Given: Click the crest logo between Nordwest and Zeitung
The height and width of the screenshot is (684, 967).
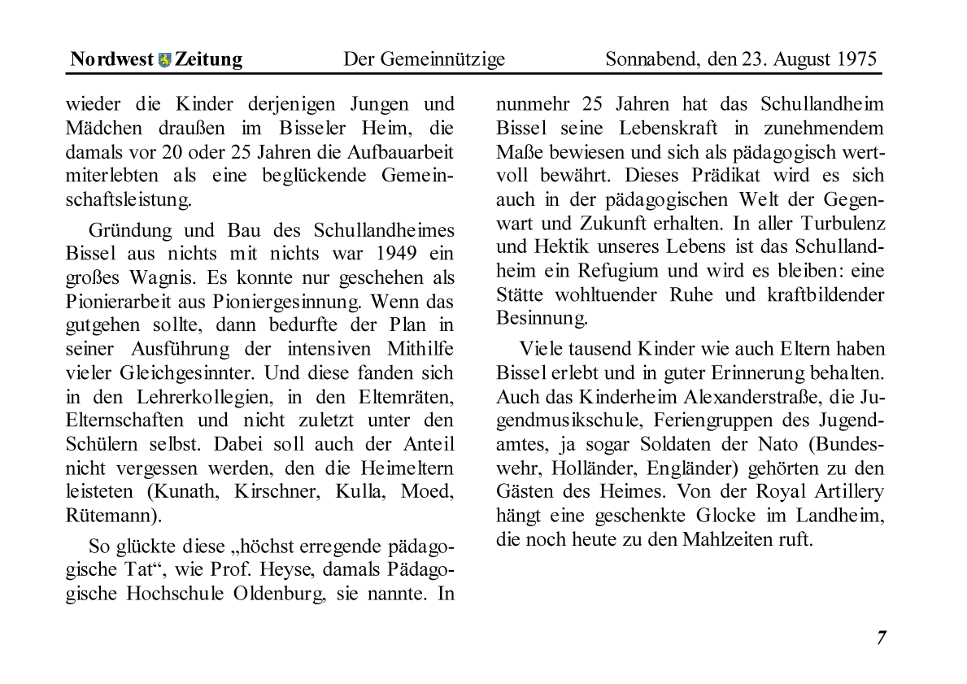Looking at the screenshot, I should (x=164, y=59).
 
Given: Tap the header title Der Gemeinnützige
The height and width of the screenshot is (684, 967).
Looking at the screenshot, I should (x=424, y=59).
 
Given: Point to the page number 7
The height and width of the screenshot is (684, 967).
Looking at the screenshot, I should (x=881, y=638).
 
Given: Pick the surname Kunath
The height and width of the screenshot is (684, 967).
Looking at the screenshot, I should (x=186, y=492).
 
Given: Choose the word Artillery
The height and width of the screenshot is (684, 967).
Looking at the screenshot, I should (x=845, y=491).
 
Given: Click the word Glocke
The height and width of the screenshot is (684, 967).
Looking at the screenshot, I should (x=724, y=515).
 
